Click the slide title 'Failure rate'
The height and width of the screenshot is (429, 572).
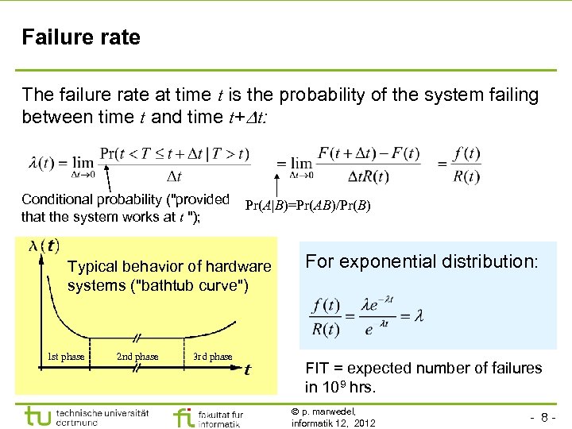click(81, 37)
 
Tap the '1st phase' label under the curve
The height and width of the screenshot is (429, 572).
click(66, 357)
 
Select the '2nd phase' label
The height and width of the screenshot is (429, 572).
click(137, 357)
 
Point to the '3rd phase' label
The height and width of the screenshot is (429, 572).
click(212, 357)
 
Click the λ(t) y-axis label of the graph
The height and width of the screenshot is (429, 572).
click(44, 245)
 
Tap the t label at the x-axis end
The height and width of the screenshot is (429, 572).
click(248, 369)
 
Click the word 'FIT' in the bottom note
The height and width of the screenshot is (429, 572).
click(318, 368)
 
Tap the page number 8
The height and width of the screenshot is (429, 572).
click(547, 416)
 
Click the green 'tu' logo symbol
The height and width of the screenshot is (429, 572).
click(38, 416)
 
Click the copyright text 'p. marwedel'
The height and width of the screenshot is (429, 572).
click(327, 411)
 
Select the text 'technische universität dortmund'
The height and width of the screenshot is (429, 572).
click(102, 418)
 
